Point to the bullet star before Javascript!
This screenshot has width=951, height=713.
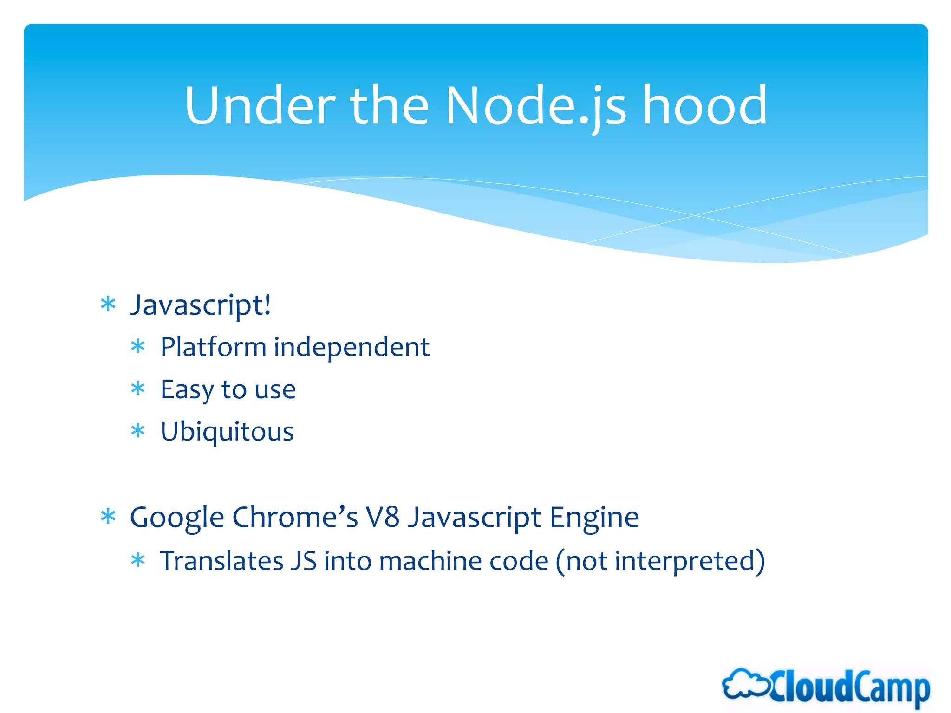click(108, 305)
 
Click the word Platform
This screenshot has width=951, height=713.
click(213, 347)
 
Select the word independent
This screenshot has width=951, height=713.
click(352, 347)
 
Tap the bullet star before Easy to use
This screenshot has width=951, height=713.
click(138, 389)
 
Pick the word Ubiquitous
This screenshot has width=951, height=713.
click(227, 432)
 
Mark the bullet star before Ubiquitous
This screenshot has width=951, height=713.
click(138, 431)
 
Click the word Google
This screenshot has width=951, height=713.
click(177, 518)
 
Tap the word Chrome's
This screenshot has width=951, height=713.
click(295, 517)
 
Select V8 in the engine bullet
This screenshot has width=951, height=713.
click(382, 517)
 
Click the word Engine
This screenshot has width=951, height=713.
click(594, 518)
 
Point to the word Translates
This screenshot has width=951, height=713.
click(221, 561)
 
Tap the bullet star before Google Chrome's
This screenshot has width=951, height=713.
click(108, 517)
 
